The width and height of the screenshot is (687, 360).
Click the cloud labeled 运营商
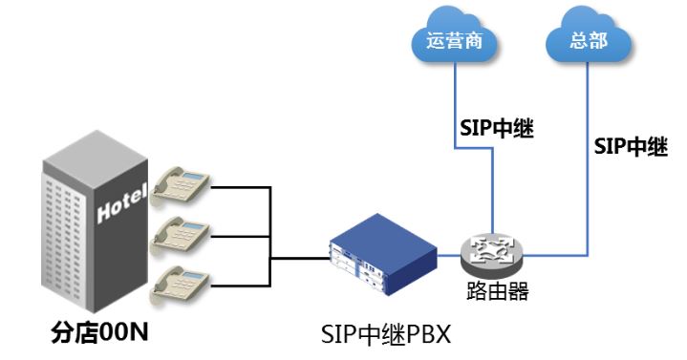tap(449, 40)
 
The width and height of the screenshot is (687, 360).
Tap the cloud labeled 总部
tap(589, 40)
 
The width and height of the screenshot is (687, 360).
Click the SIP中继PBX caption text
tap(385, 335)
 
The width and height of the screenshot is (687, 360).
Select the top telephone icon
tap(182, 183)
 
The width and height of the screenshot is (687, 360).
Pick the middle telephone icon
tap(182, 232)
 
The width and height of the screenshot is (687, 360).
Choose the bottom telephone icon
tap(182, 280)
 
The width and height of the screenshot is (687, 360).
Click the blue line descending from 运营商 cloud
tap(453, 105)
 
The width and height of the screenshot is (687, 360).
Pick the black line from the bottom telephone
tap(239, 282)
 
